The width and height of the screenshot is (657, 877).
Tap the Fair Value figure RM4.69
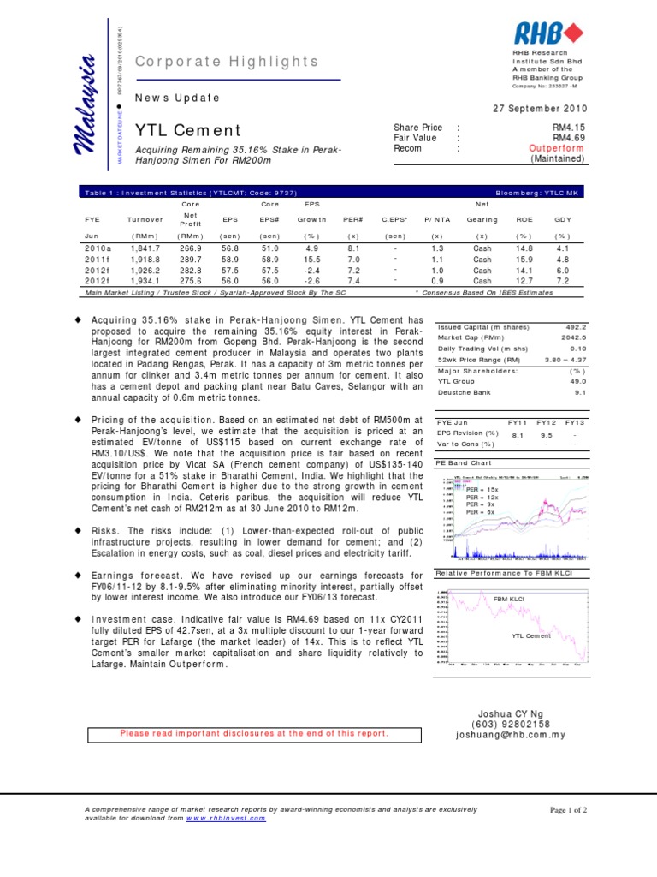569,138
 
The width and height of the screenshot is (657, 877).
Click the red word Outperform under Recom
558,148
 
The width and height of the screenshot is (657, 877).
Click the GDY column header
561,219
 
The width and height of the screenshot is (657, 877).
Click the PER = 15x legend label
482,489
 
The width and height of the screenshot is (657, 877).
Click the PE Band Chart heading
465,462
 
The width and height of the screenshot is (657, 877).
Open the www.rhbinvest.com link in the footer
227,818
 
